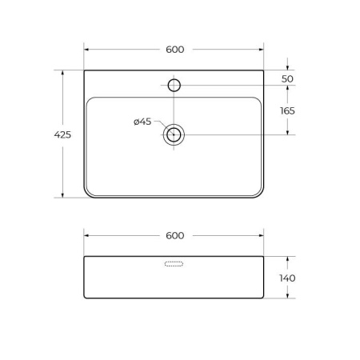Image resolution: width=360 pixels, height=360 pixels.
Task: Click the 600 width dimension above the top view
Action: tap(175, 50)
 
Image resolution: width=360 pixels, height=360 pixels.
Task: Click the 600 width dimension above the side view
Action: tap(175, 235)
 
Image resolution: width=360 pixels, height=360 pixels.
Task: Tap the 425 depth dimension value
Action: tap(62, 134)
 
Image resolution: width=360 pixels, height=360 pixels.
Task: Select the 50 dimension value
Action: tap(287, 79)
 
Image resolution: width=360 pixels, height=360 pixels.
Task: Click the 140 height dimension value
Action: tap(287, 278)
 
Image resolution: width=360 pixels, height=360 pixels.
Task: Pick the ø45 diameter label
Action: tap(142, 122)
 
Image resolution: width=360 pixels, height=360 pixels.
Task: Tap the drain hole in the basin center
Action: tap(175, 134)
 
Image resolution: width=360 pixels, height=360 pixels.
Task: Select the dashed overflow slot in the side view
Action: tap(175, 263)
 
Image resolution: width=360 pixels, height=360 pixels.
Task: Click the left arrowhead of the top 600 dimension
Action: tap(86, 50)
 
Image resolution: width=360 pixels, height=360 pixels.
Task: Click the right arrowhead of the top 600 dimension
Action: tap(262, 50)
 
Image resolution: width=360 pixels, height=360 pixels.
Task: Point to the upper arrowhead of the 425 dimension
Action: tap(62, 73)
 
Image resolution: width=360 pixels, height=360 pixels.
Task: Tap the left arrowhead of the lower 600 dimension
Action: tap(86, 235)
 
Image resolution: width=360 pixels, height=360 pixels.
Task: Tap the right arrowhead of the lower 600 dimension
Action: tap(262, 235)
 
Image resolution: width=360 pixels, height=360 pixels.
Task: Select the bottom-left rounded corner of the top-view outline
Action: tap(88, 194)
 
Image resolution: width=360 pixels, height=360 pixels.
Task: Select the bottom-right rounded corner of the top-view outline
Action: tap(261, 194)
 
